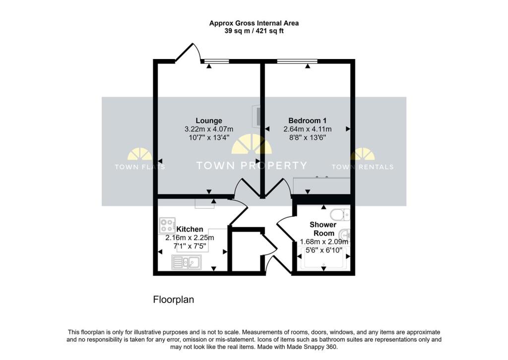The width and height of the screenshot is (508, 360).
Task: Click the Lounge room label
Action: click(208, 120)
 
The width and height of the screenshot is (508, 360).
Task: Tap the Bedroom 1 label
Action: click(307, 120)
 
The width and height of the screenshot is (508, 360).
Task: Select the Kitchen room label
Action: click(190, 229)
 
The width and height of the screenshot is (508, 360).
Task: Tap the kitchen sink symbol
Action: click(186, 262)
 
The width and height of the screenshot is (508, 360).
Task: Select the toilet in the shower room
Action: click(340, 215)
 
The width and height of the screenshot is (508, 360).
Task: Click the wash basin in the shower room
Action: click(345, 234)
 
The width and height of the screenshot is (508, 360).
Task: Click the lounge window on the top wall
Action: click(216, 61)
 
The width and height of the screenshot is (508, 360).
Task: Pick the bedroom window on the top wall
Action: click(297, 61)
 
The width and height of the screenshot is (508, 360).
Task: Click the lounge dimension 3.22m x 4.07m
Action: click(208, 129)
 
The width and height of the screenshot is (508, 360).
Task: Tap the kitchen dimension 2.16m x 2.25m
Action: click(190, 238)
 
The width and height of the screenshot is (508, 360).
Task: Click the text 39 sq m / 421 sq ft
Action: click(254, 31)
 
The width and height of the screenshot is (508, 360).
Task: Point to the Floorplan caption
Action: click(173, 300)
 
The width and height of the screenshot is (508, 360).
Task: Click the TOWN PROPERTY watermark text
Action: click(252, 166)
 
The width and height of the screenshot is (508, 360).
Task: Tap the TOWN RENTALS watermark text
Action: click(362, 167)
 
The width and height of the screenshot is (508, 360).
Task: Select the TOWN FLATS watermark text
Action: click(140, 167)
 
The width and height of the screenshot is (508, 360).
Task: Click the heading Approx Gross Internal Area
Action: click(254, 23)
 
